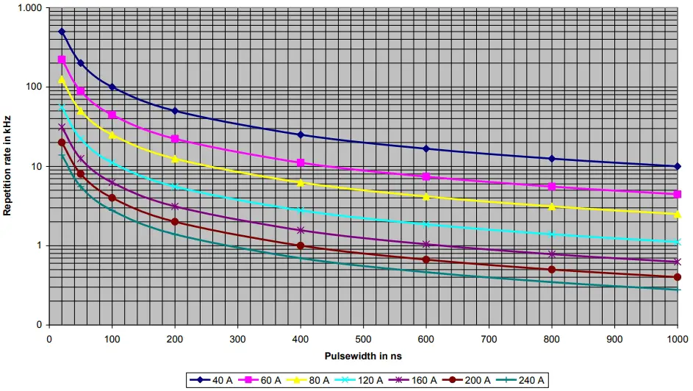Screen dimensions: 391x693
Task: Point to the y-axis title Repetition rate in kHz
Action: tap(7, 165)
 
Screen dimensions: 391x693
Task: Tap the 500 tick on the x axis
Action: tap(363, 340)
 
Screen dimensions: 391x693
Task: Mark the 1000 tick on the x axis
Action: tap(676, 340)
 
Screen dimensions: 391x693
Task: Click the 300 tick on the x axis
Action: tap(237, 340)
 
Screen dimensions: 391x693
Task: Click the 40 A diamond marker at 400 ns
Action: tap(301, 134)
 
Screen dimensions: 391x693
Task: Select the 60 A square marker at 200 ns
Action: tap(175, 139)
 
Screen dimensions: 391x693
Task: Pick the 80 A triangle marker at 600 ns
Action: tap(426, 196)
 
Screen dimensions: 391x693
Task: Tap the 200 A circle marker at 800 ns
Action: tap(551, 270)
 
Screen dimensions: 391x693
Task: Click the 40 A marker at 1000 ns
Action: tap(677, 166)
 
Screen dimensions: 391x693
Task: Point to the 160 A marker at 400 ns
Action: tap(301, 230)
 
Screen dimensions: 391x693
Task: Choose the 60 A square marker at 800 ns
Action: tap(551, 187)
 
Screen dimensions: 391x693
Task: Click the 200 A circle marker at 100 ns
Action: tap(112, 198)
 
